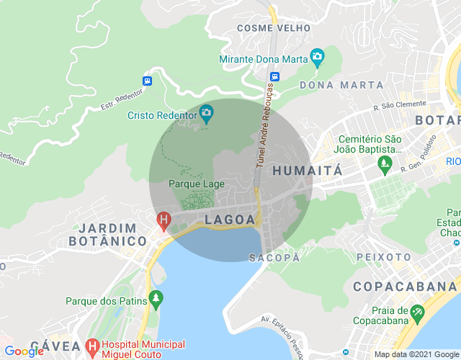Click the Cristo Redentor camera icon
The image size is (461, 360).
click(207, 112)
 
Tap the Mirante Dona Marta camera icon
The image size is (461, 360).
click(317, 57)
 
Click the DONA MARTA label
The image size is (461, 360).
click(341, 84)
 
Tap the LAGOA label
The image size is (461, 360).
click(230, 219)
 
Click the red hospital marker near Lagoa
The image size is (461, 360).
click(165, 220)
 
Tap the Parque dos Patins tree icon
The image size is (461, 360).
click(156, 298)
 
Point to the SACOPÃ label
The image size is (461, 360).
click(274, 257)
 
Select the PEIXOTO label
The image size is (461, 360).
click(382, 256)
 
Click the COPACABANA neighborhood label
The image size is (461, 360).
click(406, 287)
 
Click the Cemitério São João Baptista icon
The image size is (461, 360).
click(384, 163)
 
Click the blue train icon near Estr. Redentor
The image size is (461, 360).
click(148, 81)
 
